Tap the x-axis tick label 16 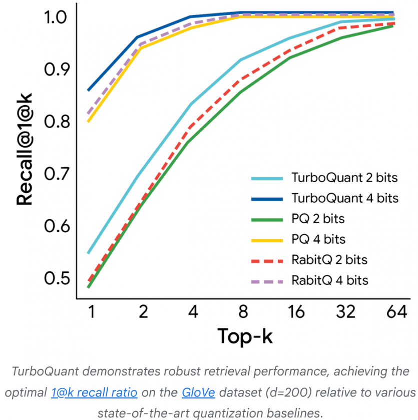[296, 312]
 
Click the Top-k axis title [245, 336]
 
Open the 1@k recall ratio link [94, 392]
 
